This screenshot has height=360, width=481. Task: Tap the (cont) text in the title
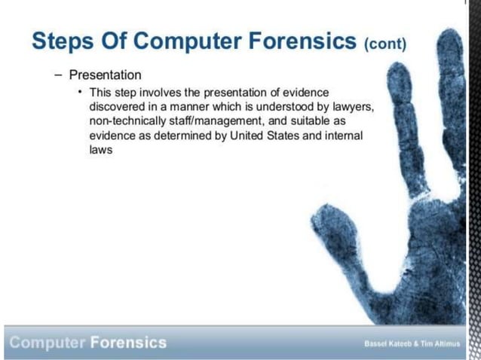click(385, 43)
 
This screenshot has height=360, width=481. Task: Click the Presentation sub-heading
click(105, 75)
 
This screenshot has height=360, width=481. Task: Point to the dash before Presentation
click(58, 75)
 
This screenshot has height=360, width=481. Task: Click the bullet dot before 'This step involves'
click(80, 92)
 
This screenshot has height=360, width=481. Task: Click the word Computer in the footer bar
click(46, 343)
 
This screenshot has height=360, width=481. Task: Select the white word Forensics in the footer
click(128, 343)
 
